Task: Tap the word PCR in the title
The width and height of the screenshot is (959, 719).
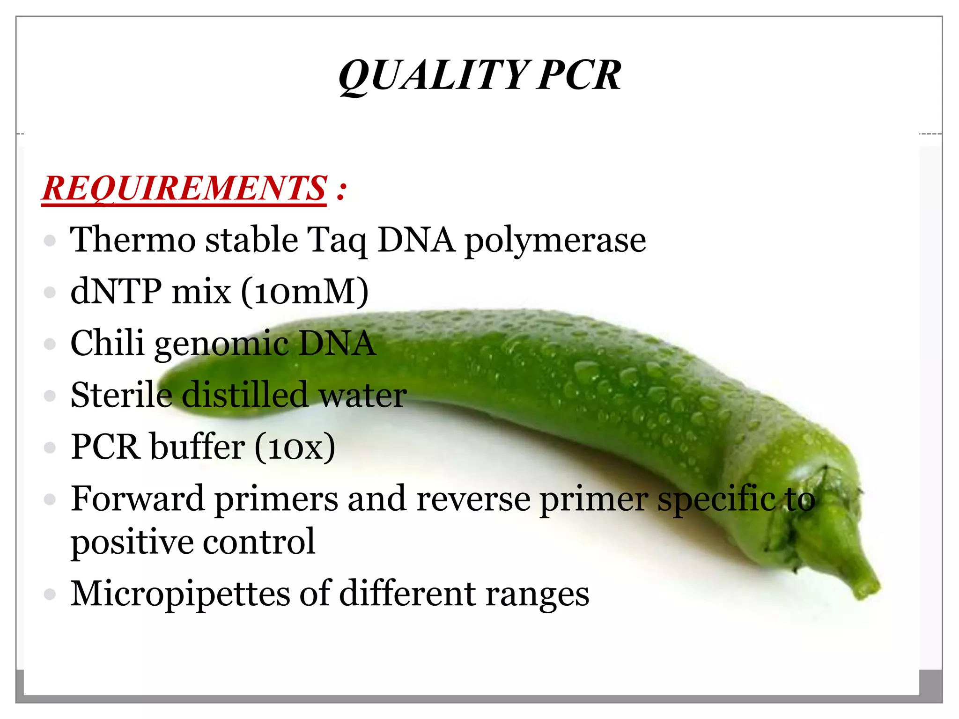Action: click(x=579, y=76)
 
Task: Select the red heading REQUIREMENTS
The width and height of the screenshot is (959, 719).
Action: click(x=184, y=188)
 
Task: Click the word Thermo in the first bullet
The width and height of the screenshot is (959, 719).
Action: click(x=133, y=240)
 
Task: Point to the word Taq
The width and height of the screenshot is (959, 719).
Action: click(x=336, y=241)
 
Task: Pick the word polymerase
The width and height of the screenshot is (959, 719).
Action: click(x=555, y=241)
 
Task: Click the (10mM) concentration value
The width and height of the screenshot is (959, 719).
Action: click(x=305, y=292)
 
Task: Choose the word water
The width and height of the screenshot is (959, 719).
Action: click(x=362, y=396)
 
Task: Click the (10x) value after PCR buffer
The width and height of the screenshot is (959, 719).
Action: click(x=295, y=447)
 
